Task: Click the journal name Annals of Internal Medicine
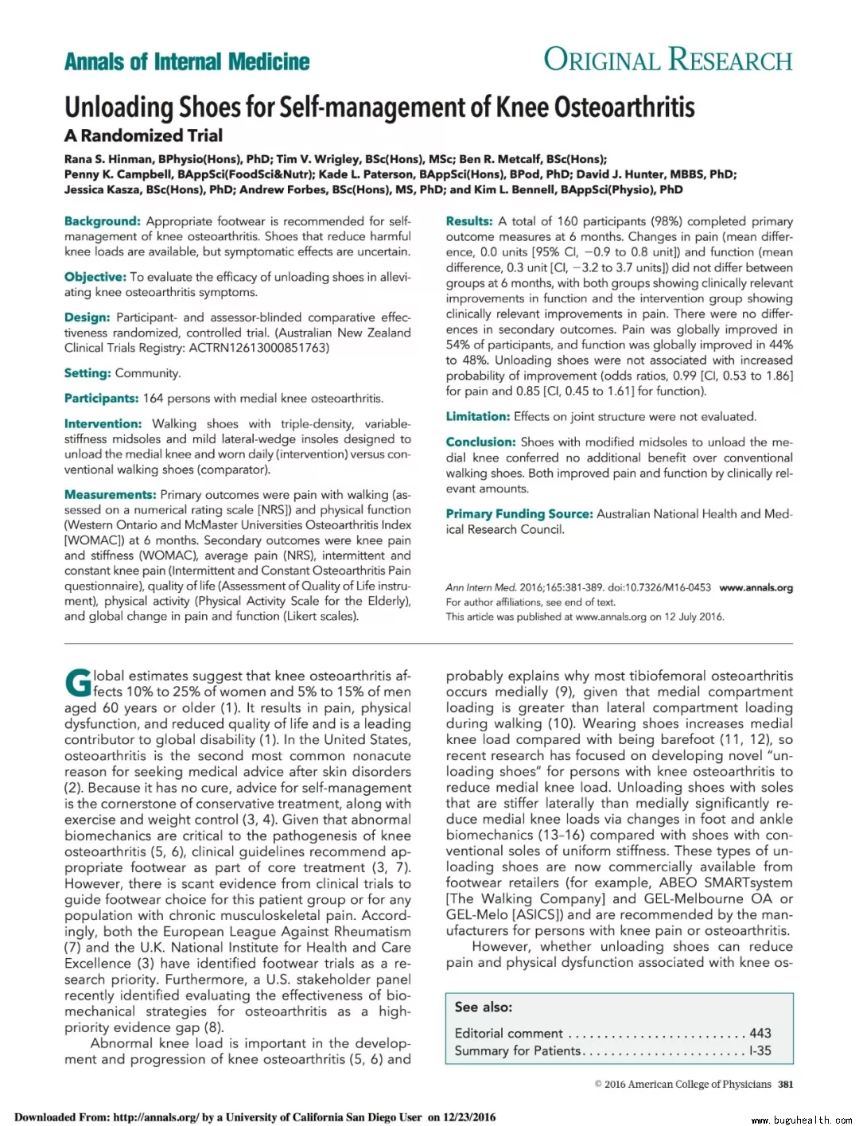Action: [x=187, y=62]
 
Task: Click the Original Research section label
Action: [x=667, y=60]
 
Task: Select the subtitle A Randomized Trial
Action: [x=143, y=135]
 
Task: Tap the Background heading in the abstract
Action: [x=102, y=221]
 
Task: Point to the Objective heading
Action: [x=95, y=277]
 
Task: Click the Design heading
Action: [x=87, y=318]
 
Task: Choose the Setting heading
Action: [x=87, y=373]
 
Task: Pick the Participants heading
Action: [x=101, y=399]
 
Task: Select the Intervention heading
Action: [x=103, y=424]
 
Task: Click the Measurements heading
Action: [x=110, y=495]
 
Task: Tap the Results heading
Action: [x=468, y=221]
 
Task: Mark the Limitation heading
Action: [x=477, y=417]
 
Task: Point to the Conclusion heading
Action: [x=480, y=442]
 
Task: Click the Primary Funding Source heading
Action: [x=519, y=514]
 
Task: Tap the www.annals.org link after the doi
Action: [x=756, y=588]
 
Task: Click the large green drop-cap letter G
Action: [x=78, y=683]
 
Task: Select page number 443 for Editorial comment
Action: [x=760, y=1033]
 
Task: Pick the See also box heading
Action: [x=484, y=1007]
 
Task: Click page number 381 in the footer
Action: [x=785, y=1084]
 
